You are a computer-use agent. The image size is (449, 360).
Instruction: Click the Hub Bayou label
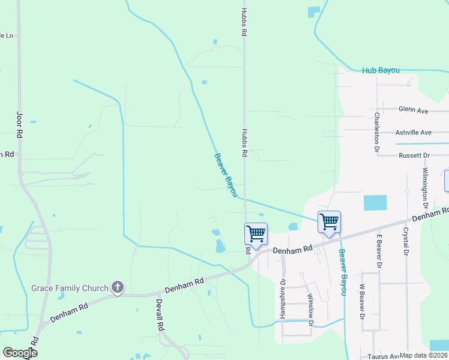pos(381,70)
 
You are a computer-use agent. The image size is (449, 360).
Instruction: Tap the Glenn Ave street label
pos(413,110)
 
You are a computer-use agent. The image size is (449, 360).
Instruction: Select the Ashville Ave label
pos(413,133)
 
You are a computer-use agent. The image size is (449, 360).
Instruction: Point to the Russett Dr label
pos(414,155)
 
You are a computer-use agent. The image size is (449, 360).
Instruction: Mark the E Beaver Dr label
pos(379,249)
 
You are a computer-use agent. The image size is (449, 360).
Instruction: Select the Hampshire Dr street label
pos(283,298)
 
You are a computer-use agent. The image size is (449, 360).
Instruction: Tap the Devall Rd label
pos(160,316)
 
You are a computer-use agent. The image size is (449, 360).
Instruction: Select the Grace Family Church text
pos(69,288)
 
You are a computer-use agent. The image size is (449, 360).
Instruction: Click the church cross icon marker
pos(117,288)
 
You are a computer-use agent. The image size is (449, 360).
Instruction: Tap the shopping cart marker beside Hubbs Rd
pos(256,233)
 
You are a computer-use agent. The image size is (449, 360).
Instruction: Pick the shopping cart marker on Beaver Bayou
pos(329,221)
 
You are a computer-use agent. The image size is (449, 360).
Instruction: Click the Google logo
pos(20,353)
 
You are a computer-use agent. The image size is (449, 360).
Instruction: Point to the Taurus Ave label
pos(382,356)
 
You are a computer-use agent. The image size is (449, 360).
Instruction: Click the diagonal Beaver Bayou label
pos(226,175)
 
